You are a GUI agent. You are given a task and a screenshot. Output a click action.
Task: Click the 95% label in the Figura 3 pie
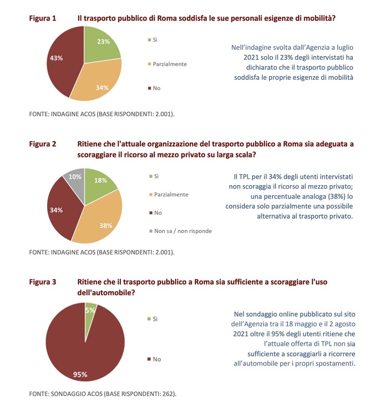tap(80, 374)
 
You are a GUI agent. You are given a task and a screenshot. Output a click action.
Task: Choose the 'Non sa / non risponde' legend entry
tap(180, 231)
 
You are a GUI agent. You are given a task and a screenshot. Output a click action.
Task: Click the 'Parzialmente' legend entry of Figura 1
tap(167, 64)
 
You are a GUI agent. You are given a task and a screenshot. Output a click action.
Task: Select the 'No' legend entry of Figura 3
tap(154, 359)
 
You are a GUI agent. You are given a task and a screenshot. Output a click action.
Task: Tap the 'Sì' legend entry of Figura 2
tap(154, 176)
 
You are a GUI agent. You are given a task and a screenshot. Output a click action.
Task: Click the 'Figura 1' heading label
tap(43, 18)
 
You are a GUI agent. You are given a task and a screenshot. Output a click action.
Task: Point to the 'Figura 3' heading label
tap(43, 282)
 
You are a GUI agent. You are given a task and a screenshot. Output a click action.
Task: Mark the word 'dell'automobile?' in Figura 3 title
tap(106, 293)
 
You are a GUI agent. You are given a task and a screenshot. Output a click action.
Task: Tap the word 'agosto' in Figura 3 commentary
tap(345, 324)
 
